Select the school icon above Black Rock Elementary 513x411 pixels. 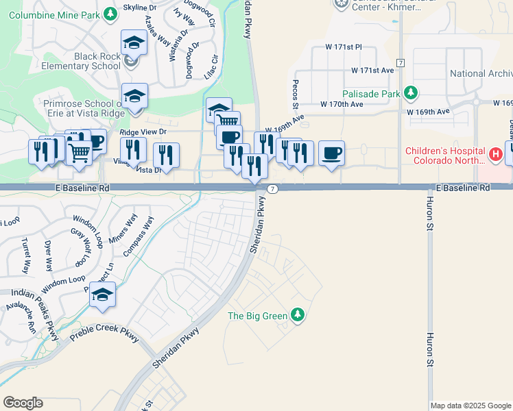click(134, 43)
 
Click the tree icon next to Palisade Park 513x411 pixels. click(410, 92)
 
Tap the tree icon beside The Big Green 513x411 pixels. click(297, 315)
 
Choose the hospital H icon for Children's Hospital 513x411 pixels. click(493, 155)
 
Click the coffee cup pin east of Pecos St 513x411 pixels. click(331, 153)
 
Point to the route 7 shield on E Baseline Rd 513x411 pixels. click(272, 188)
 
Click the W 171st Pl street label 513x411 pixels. click(343, 47)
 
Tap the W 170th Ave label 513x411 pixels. click(342, 104)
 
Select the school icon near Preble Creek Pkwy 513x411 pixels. click(102, 295)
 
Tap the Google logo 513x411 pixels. click(23, 402)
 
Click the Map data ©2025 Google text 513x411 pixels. click(470, 406)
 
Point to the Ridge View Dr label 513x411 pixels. click(143, 131)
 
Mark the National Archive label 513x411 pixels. click(481, 74)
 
